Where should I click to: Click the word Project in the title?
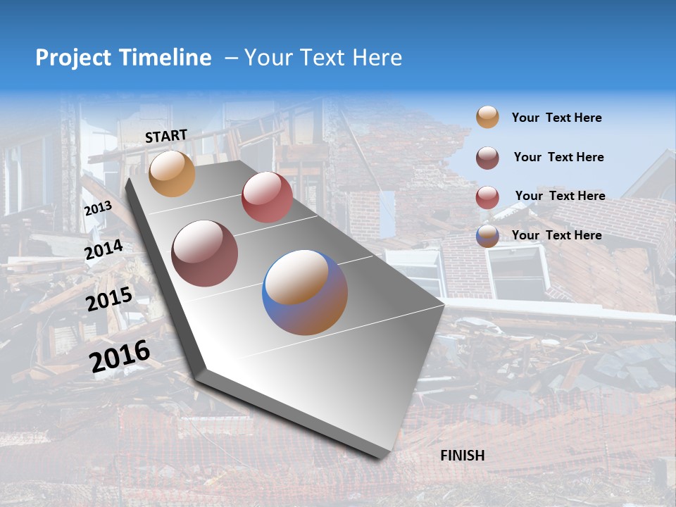tap(73, 58)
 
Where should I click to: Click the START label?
tap(166, 136)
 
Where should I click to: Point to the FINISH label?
tap(462, 456)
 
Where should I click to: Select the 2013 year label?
tap(98, 209)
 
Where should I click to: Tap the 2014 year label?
tap(104, 250)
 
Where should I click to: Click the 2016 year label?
tap(120, 356)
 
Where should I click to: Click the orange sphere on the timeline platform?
tap(172, 173)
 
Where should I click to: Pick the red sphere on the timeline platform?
tap(267, 197)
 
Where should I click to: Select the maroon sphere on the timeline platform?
tap(204, 254)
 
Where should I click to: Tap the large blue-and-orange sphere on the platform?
tap(305, 292)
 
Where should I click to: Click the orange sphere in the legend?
tap(487, 118)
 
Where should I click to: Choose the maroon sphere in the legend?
tap(487, 158)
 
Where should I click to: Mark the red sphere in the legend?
tap(487, 197)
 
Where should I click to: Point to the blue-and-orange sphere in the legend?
tap(487, 236)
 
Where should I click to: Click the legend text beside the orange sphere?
tap(556, 118)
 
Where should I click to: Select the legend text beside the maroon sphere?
tap(558, 157)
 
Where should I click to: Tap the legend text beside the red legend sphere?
tap(560, 196)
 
